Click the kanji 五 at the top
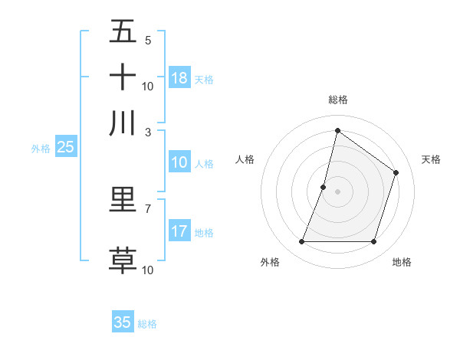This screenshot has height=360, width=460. coord(123,31)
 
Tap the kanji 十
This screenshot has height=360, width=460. coord(123,77)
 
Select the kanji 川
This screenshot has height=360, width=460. coord(123,123)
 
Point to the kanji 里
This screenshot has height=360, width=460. coord(123,199)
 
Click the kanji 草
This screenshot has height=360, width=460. coord(123,259)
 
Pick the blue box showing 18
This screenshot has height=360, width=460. coord(179,78)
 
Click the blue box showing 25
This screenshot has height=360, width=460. coord(66,147)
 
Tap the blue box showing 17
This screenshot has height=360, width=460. coord(179,231)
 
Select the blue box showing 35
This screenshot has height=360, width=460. coord(123,322)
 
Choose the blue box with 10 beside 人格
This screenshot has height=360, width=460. coord(179,162)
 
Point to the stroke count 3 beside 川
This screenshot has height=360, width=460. coord(148,132)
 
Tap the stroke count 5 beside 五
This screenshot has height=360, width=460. coord(148,40)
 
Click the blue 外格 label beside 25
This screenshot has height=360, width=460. coord(41,149)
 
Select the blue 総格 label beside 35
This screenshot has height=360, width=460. coord(147,324)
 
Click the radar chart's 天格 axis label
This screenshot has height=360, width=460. coord(431,159)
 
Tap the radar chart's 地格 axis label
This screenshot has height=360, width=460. coord(402,262)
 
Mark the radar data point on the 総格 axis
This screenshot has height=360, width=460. coord(337,130)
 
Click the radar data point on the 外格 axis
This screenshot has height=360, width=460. coord(301,242)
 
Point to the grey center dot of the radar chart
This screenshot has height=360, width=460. coord(337,191)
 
